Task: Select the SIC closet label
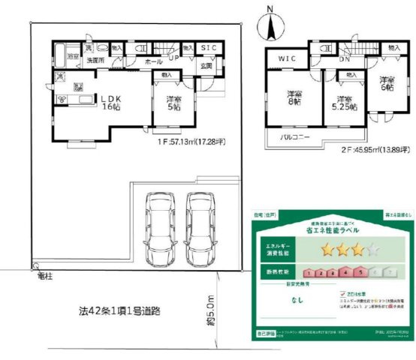209,48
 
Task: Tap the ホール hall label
153,61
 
